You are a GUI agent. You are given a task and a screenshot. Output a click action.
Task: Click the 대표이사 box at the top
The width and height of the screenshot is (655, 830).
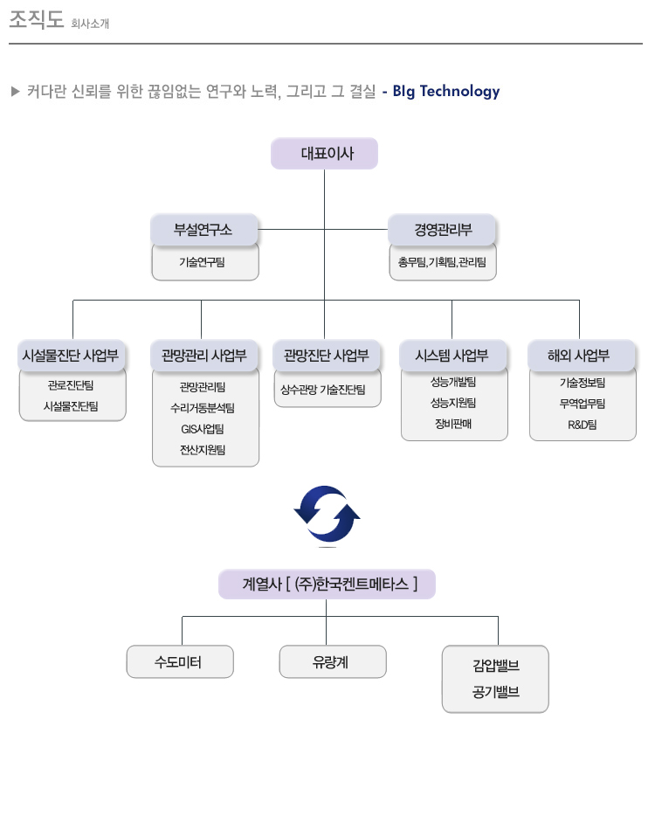(324, 154)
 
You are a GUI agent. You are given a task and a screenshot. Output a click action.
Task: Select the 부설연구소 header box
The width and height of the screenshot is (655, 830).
(204, 230)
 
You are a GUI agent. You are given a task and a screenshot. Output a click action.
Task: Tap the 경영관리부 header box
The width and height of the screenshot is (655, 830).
(442, 230)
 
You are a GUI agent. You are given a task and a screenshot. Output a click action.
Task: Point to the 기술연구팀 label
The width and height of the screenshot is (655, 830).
(202, 262)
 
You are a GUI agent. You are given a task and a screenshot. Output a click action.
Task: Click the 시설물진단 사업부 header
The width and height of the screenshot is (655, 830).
(71, 356)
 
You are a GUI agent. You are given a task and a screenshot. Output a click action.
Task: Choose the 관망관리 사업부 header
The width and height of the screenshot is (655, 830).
(204, 356)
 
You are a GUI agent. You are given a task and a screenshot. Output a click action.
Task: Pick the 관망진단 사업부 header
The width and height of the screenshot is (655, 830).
(327, 356)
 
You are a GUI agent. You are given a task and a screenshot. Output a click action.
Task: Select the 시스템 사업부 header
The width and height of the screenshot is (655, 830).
(452, 356)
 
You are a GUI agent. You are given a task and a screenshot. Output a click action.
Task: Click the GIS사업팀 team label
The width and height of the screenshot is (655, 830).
(203, 429)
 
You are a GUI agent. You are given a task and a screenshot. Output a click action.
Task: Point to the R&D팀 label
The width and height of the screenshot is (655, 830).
(582, 425)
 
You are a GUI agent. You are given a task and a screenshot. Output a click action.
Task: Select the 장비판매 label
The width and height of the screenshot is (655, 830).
(453, 424)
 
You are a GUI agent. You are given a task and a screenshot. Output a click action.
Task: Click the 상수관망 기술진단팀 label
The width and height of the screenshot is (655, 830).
(323, 390)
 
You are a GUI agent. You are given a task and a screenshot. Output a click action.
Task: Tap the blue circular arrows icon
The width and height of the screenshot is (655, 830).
(327, 515)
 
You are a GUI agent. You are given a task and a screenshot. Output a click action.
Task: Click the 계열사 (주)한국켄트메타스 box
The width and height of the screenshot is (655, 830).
(327, 584)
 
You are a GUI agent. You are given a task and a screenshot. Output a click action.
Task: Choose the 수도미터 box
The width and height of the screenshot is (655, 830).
(180, 661)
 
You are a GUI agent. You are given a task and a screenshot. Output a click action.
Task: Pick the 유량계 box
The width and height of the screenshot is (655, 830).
(333, 661)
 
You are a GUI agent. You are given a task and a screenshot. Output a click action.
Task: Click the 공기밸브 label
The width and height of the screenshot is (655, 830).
(496, 692)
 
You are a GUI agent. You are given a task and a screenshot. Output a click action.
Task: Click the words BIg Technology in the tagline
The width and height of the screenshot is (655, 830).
(446, 92)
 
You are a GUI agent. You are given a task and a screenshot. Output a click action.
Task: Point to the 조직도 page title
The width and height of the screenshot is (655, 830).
(37, 19)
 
